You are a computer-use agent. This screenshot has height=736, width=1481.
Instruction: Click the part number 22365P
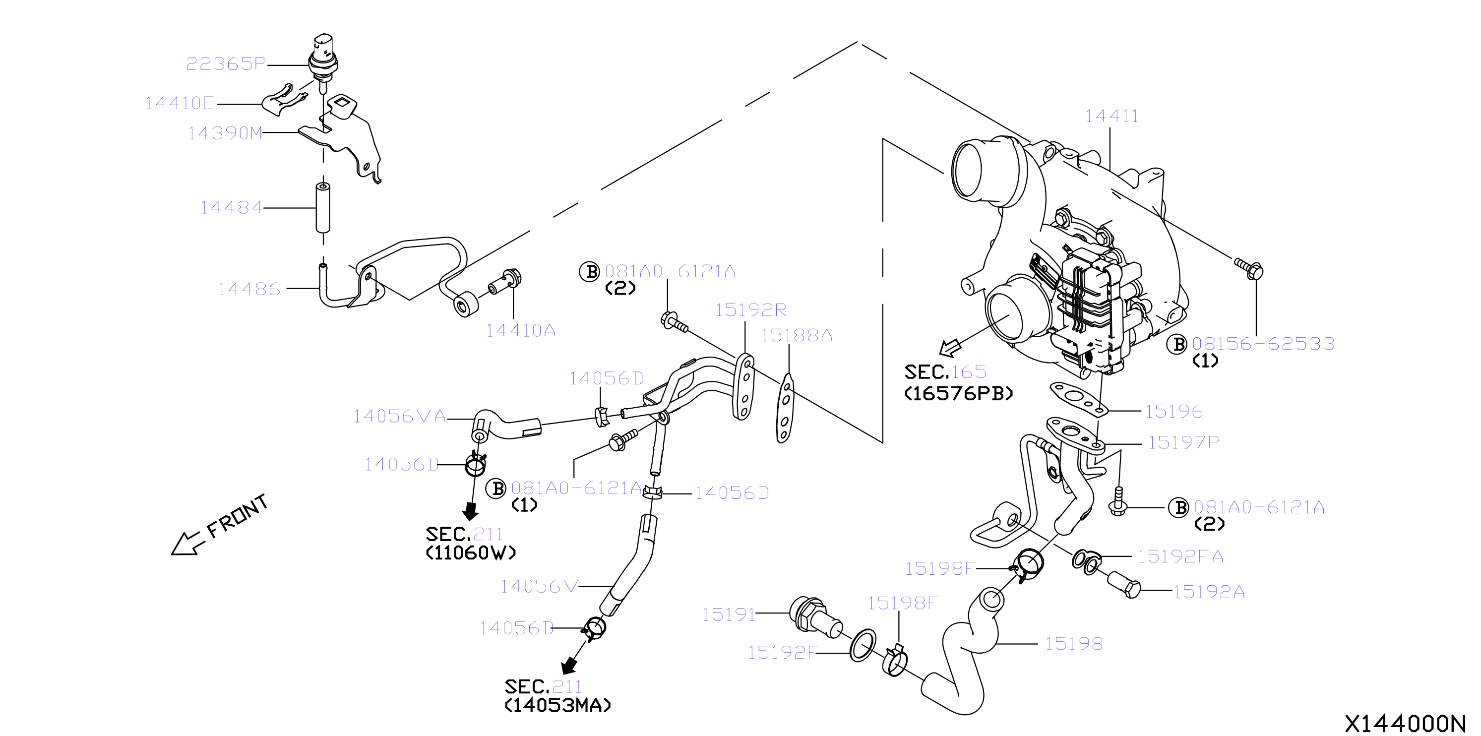(226, 63)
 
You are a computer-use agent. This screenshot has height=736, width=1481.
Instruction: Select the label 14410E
(180, 103)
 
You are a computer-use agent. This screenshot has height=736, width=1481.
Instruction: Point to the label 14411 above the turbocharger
(1111, 116)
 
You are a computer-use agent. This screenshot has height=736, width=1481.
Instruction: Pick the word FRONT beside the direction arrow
(238, 516)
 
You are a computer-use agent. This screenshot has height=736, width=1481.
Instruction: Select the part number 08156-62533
(1263, 343)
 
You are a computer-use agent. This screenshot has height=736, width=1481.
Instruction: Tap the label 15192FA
(1181, 556)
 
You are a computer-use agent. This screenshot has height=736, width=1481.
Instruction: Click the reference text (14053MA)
(557, 705)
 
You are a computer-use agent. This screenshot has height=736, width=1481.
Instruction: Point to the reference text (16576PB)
(958, 393)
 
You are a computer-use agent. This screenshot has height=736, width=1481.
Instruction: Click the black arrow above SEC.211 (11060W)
(471, 511)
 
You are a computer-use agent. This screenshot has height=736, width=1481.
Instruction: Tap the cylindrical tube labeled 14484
(323, 208)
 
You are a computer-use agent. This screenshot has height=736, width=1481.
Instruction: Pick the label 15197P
(1184, 442)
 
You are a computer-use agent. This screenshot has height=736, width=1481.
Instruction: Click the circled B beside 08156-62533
(1177, 344)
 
